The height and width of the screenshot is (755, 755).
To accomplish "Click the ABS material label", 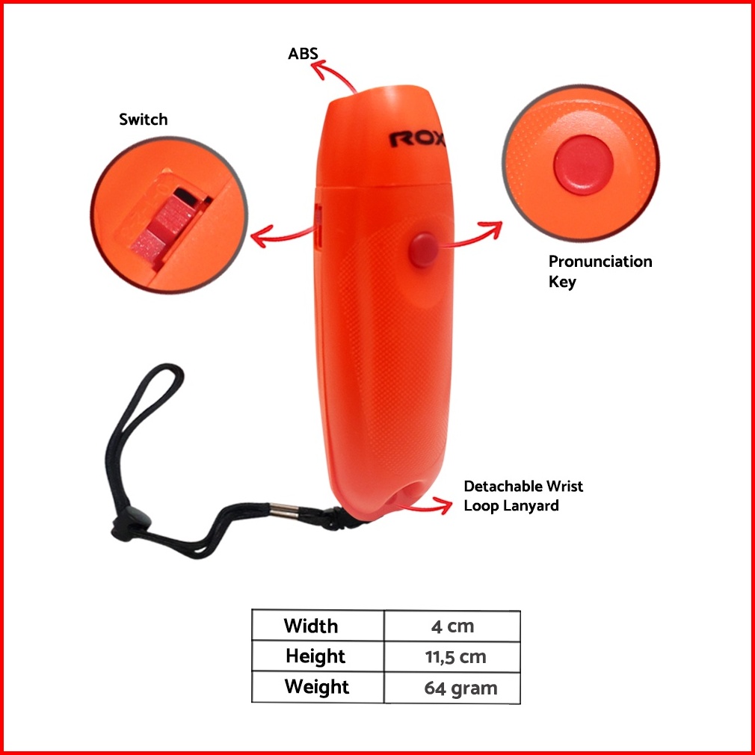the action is coord(303,54).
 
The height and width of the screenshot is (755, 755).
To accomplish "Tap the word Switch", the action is coord(143,120).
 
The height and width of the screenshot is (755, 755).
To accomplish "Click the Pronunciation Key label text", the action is coord(600,271).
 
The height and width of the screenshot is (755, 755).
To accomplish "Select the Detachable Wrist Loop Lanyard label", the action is coord(523,496).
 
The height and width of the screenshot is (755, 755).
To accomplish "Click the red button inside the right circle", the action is coord(583,165).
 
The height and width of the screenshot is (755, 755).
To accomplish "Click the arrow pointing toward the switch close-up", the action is coord(280,237).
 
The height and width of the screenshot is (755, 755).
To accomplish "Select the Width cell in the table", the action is coord(311,626).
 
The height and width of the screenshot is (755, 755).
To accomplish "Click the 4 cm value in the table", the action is coord(452,626).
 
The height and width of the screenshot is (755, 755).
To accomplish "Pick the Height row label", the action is coord(315,656).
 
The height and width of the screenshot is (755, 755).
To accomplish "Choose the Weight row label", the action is coord(317,686).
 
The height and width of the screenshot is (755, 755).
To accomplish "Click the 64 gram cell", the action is coord(460,688).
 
